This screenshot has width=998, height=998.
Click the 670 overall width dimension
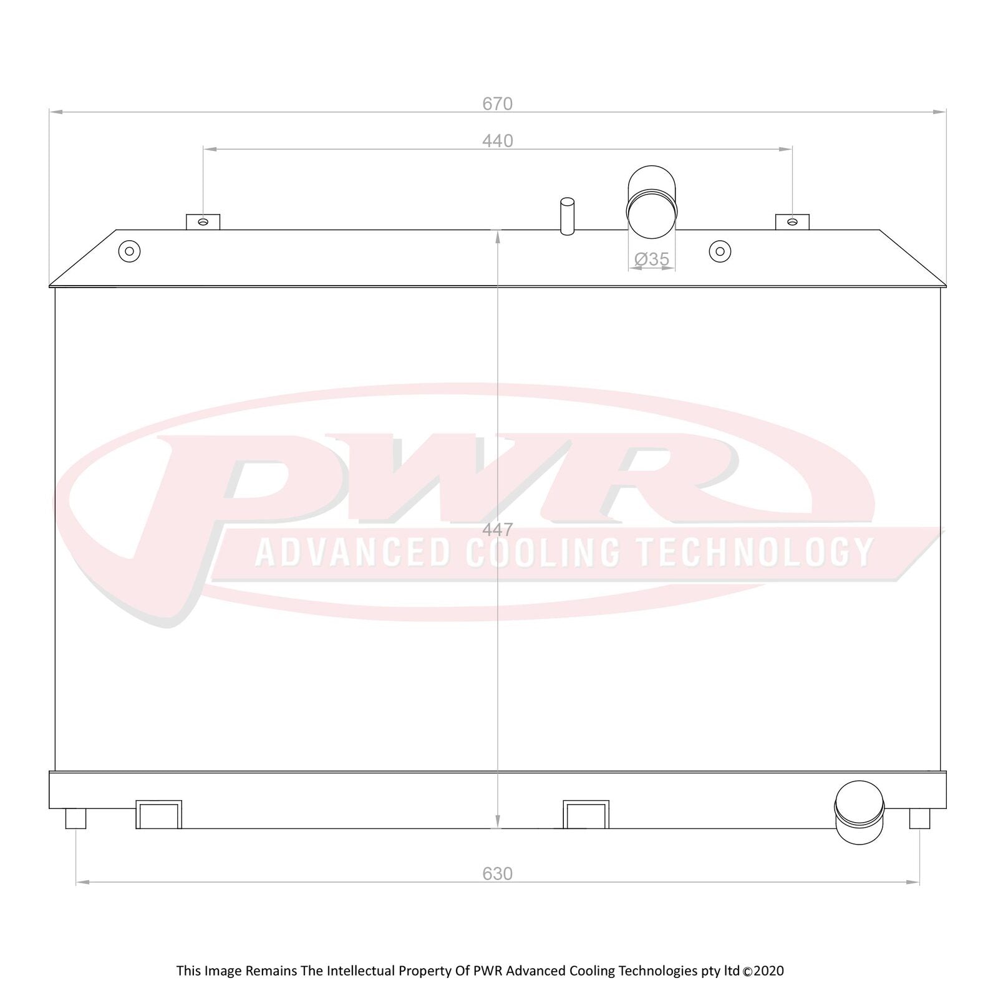click(x=497, y=104)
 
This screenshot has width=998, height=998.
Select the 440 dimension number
click(x=497, y=141)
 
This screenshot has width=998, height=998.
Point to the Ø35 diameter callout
click(x=651, y=259)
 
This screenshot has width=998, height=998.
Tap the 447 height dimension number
click(x=497, y=530)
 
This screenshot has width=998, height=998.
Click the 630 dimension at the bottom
click(x=497, y=874)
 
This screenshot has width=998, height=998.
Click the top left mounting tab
click(x=203, y=221)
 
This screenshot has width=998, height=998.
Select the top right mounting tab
click(x=792, y=221)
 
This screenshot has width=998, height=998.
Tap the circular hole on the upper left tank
click(x=129, y=251)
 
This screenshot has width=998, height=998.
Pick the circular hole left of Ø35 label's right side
click(x=720, y=251)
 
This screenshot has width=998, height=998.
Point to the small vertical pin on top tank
click(x=567, y=216)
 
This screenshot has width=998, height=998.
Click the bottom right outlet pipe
click(x=859, y=812)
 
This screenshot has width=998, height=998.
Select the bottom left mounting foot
click(x=75, y=818)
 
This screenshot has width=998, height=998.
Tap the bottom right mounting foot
click(x=919, y=818)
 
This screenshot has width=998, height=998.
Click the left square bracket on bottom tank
click(x=158, y=815)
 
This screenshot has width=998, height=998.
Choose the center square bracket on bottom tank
click(x=586, y=815)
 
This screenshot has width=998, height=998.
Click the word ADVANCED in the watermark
click(x=352, y=553)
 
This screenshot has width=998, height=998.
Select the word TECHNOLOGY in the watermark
click(x=754, y=553)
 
